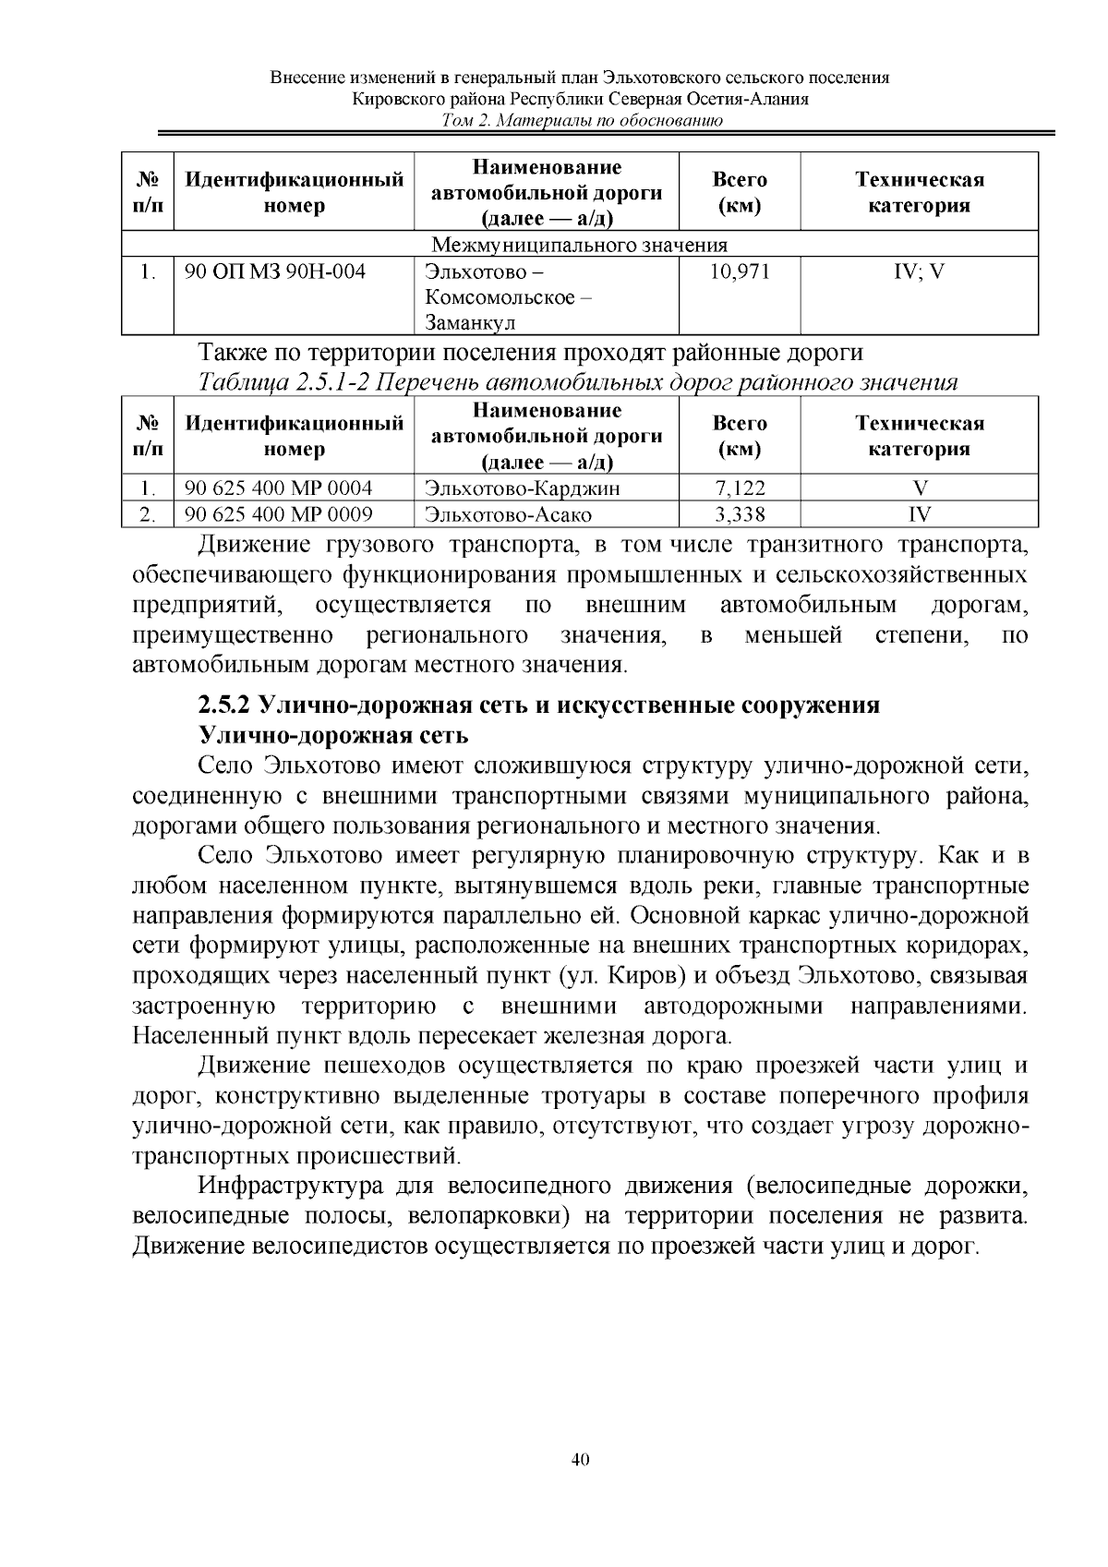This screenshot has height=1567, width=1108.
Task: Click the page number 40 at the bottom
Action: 580,1460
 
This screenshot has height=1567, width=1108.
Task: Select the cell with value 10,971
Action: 739,271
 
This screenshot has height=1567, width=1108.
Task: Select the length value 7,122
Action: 740,488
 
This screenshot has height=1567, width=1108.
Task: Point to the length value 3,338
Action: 740,514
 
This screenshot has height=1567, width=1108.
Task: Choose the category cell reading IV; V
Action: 919,271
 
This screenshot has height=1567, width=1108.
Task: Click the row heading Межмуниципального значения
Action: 580,245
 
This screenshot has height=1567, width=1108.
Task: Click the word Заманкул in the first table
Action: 469,322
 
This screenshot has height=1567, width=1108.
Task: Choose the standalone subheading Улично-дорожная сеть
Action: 333,736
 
